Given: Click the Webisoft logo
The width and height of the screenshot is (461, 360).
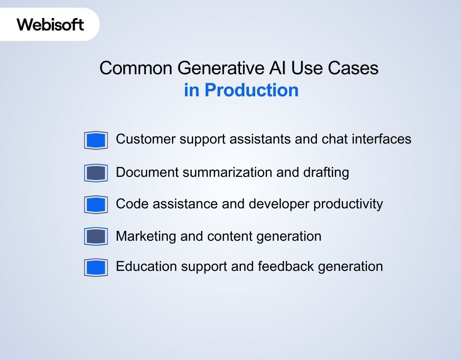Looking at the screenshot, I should point(50,24).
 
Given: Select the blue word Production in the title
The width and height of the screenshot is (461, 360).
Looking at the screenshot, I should point(251,90).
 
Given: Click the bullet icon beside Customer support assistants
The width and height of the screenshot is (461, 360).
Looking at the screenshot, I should point(96,140).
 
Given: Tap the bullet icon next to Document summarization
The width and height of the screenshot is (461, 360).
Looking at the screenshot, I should point(96,173).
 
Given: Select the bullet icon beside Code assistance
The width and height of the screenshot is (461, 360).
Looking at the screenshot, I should point(96,205).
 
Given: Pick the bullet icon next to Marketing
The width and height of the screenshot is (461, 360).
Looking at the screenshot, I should point(96,236).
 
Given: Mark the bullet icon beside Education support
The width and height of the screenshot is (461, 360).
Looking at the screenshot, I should point(96,267).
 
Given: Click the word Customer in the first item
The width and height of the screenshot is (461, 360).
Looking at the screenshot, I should point(146,139).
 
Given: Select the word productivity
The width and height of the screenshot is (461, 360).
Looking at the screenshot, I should point(348,204).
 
